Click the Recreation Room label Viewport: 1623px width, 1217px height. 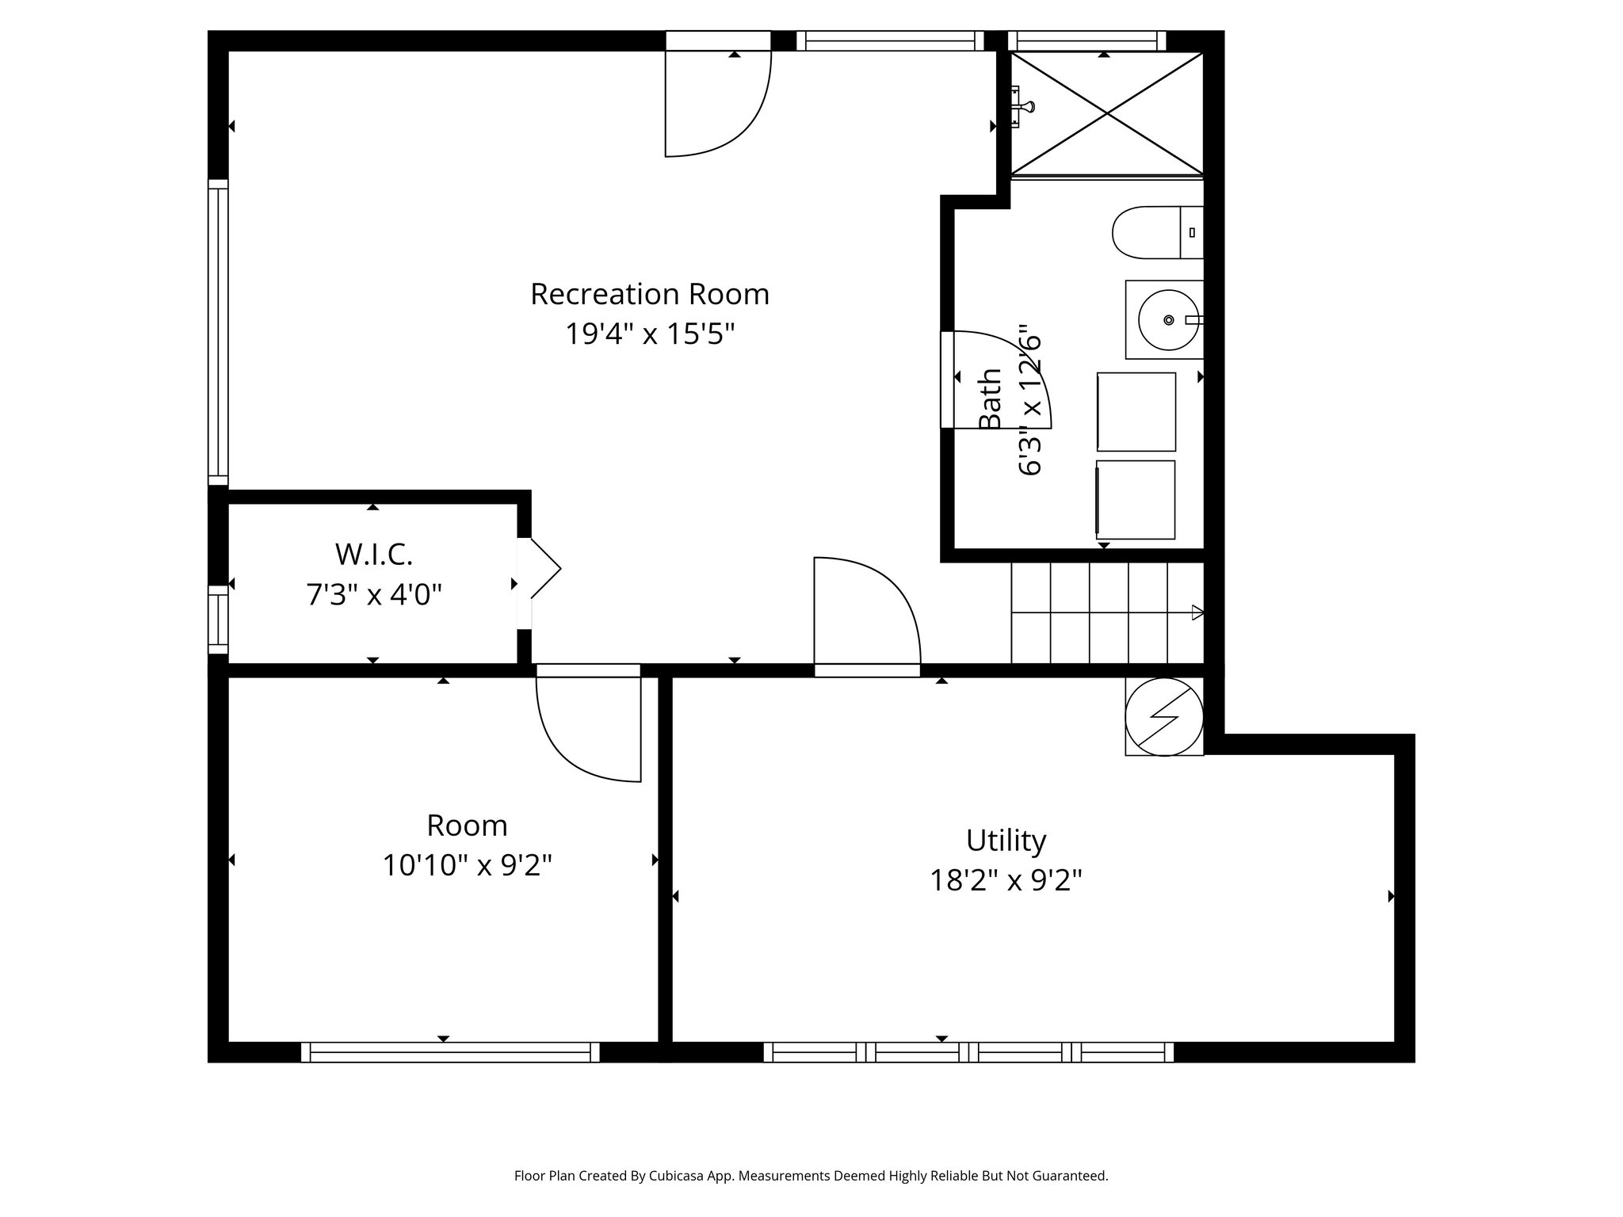click(x=649, y=294)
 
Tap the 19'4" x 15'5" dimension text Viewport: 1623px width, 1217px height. click(x=649, y=334)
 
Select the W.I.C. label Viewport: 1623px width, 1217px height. click(x=373, y=554)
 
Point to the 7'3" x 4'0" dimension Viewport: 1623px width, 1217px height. click(x=373, y=593)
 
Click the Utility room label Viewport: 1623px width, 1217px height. click(x=1006, y=840)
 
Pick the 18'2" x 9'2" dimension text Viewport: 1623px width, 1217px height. click(x=1006, y=879)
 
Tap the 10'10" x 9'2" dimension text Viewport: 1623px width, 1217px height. click(x=467, y=864)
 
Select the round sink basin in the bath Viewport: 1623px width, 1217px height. click(x=1167, y=319)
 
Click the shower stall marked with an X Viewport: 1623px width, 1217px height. click(x=1106, y=113)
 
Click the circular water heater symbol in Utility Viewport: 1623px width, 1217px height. click(x=1164, y=716)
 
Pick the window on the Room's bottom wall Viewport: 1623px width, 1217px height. click(x=450, y=1051)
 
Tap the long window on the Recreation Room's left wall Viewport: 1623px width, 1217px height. click(x=218, y=332)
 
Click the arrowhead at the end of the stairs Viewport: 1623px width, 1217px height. click(x=1197, y=612)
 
